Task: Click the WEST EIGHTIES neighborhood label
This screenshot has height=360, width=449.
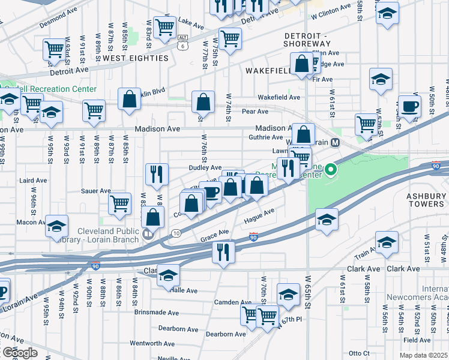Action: [135, 58]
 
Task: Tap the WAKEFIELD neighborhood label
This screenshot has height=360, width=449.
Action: [270, 71]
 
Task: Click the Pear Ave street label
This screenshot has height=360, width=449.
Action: [255, 112]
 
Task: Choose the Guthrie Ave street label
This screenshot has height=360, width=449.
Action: [266, 137]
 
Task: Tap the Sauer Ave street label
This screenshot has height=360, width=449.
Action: [96, 191]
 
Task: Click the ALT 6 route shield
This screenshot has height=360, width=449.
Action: [182, 41]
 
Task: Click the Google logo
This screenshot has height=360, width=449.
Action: [20, 352]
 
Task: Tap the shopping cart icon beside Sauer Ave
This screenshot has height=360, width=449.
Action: [119, 203]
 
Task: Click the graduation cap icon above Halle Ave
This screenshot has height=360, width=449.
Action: [168, 275]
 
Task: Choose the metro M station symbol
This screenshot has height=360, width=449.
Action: [336, 143]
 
